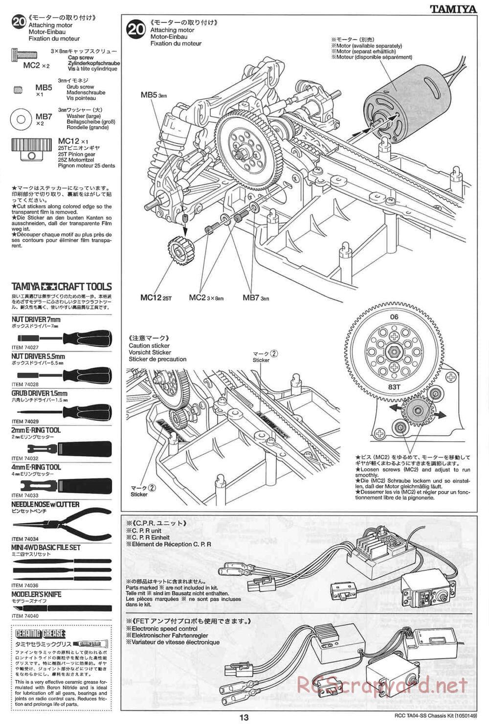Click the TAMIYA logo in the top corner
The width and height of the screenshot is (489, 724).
(x=453, y=8)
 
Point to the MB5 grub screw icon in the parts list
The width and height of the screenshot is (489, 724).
(x=19, y=90)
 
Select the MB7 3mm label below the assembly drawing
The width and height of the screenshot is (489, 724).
(x=256, y=297)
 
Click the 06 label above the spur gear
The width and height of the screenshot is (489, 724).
(x=394, y=317)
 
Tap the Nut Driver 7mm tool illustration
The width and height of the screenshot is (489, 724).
(x=64, y=337)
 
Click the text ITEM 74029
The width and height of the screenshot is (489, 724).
(x=25, y=421)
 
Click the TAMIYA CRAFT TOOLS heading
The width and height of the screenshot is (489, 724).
(x=62, y=287)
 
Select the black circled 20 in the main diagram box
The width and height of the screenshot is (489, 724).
(x=136, y=29)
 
